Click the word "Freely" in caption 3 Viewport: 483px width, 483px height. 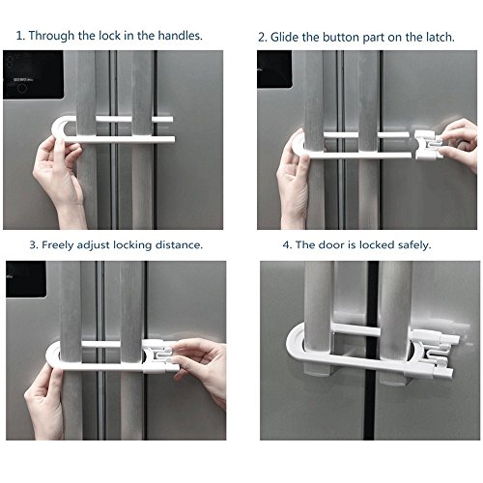pyautogui.click(x=57, y=245)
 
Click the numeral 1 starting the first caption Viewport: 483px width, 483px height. pyautogui.click(x=19, y=36)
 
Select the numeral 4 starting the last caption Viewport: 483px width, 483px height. pyautogui.click(x=286, y=245)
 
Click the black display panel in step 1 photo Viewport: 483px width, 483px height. pyautogui.click(x=34, y=74)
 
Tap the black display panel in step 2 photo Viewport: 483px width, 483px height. pyautogui.click(x=274, y=69)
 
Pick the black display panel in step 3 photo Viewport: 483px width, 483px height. pyautogui.click(x=26, y=279)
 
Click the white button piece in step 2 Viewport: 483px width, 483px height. pyautogui.click(x=427, y=145)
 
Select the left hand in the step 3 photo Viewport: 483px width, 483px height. pyautogui.click(x=45, y=403)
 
